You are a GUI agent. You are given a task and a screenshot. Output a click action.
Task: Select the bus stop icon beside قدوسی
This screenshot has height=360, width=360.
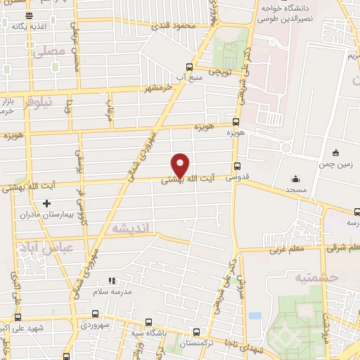(237, 167)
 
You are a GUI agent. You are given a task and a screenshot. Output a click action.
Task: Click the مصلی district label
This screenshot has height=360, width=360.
(42, 51)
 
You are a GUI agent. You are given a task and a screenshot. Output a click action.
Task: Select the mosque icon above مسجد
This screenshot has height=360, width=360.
(295, 179)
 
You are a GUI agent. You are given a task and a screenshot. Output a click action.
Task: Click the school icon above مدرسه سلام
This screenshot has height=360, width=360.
(111, 281)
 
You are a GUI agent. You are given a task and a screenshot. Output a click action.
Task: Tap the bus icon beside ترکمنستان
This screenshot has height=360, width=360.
(195, 333)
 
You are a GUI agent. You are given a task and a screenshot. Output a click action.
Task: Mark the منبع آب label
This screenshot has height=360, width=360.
(191, 76)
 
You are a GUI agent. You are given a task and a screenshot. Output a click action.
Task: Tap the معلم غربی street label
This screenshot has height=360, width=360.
(285, 249)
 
